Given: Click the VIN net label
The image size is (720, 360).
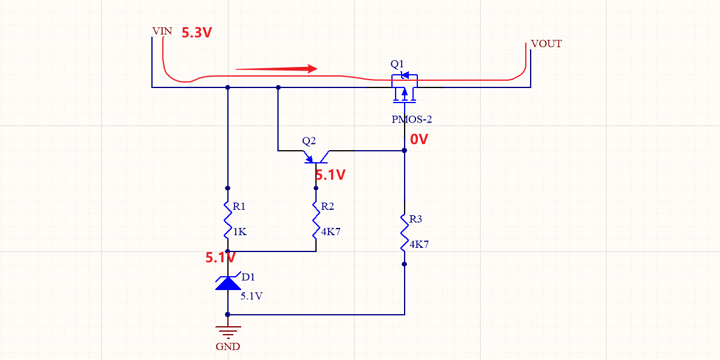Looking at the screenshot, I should [162, 31].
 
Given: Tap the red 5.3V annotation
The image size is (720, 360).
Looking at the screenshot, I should [197, 33].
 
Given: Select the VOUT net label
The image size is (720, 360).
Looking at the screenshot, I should [546, 44].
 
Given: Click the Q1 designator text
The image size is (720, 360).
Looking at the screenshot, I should [397, 64].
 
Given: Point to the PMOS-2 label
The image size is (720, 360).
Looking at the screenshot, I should [411, 119].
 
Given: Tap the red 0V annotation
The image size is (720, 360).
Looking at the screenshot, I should [419, 139].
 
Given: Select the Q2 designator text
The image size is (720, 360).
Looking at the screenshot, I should [309, 141].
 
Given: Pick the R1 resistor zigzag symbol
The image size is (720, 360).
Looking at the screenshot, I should [227, 220].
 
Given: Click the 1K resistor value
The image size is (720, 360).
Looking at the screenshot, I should [239, 232].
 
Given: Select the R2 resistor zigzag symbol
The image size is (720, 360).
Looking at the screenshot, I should [315, 220].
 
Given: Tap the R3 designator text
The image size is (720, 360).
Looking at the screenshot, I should [416, 219].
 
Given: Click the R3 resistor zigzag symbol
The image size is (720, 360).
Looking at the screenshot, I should [405, 233].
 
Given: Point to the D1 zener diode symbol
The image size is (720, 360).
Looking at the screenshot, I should [227, 282].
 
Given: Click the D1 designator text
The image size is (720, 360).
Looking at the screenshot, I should [248, 277].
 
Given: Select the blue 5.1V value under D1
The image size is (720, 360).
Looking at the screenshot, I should [251, 296].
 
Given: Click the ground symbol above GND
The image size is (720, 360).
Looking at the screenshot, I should [227, 331].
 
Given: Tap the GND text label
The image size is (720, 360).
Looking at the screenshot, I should [227, 347].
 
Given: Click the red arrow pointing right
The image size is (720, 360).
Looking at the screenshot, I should [276, 69].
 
